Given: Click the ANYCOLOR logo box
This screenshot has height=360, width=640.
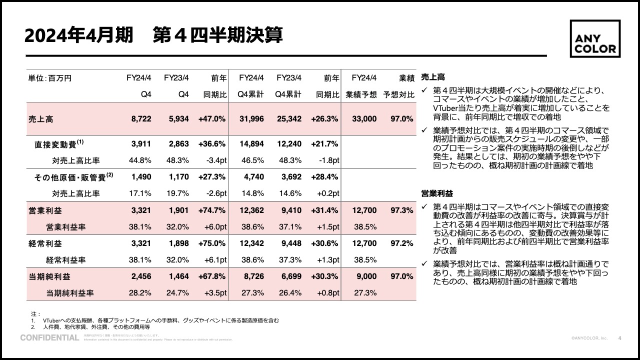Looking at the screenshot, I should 595,38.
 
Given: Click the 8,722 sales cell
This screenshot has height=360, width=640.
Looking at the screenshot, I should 141,118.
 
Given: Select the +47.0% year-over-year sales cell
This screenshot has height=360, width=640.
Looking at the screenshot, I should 212,118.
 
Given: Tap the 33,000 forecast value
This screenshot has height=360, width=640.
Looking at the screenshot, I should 364,118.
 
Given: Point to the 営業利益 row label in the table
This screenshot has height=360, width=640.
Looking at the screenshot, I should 45,210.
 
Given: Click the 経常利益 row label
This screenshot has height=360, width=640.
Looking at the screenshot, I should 45,243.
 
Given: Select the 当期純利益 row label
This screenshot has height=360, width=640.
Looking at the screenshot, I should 49,276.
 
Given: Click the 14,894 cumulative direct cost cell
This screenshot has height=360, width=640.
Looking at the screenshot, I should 251,144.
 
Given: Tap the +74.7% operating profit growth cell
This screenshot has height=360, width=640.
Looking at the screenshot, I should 212,210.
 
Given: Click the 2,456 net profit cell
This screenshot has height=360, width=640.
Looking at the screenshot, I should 141,276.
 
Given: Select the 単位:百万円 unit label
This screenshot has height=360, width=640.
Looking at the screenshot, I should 50,78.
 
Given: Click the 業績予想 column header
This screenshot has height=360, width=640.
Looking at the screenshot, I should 361,94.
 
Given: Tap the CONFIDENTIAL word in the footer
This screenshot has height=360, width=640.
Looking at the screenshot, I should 49,338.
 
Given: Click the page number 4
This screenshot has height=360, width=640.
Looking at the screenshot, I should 620,338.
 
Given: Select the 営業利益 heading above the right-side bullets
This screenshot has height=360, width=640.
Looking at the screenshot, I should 437,193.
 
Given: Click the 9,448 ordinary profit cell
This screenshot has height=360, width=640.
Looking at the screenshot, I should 289,243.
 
